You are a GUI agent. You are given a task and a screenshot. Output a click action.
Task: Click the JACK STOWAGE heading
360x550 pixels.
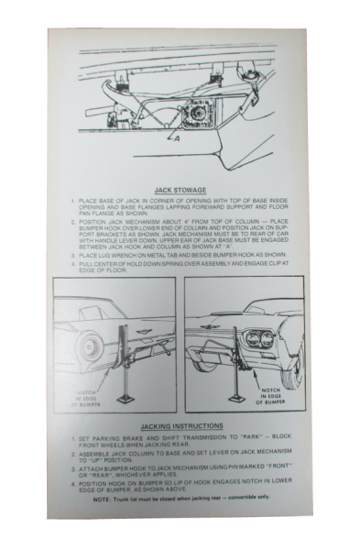pos(180,190)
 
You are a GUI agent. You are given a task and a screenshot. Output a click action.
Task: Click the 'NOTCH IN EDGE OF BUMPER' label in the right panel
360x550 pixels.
pos(274,393)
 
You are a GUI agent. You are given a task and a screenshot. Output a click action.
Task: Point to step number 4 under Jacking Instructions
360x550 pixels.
pos(73,477)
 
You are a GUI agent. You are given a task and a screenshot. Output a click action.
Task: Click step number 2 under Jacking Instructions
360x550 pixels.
pos(73,451)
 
